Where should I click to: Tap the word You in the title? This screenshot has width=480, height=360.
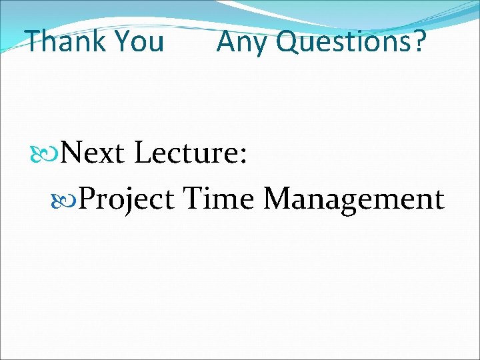pos(139,41)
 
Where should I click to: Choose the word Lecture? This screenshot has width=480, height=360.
pos(186,154)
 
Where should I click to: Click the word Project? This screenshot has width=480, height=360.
pos(127,199)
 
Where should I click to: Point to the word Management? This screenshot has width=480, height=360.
pos(353,199)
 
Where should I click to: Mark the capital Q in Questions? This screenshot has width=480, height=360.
pos(287,42)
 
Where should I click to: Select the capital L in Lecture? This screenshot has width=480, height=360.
pos(142,154)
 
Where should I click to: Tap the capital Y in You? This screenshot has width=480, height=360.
pos(123,41)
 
